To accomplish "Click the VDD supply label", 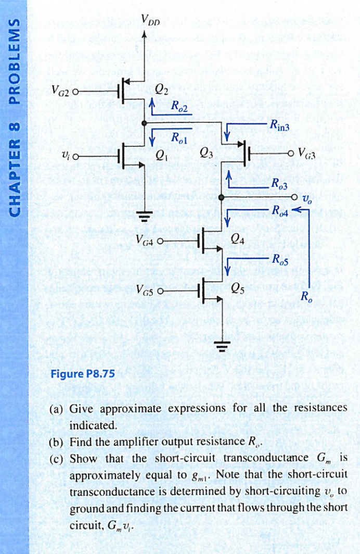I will point(150,22).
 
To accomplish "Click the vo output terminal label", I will point(308,198).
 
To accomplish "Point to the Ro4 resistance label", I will point(279,210).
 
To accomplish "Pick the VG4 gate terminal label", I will point(144,241).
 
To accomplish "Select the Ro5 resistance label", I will point(280,260).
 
